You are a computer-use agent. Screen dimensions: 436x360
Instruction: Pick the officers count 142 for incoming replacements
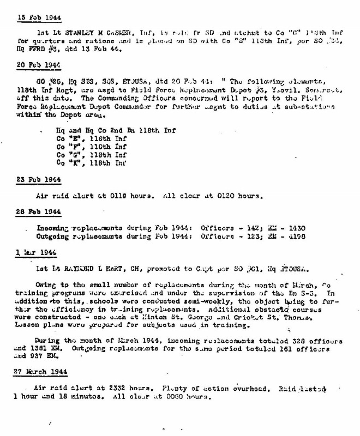249,228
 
